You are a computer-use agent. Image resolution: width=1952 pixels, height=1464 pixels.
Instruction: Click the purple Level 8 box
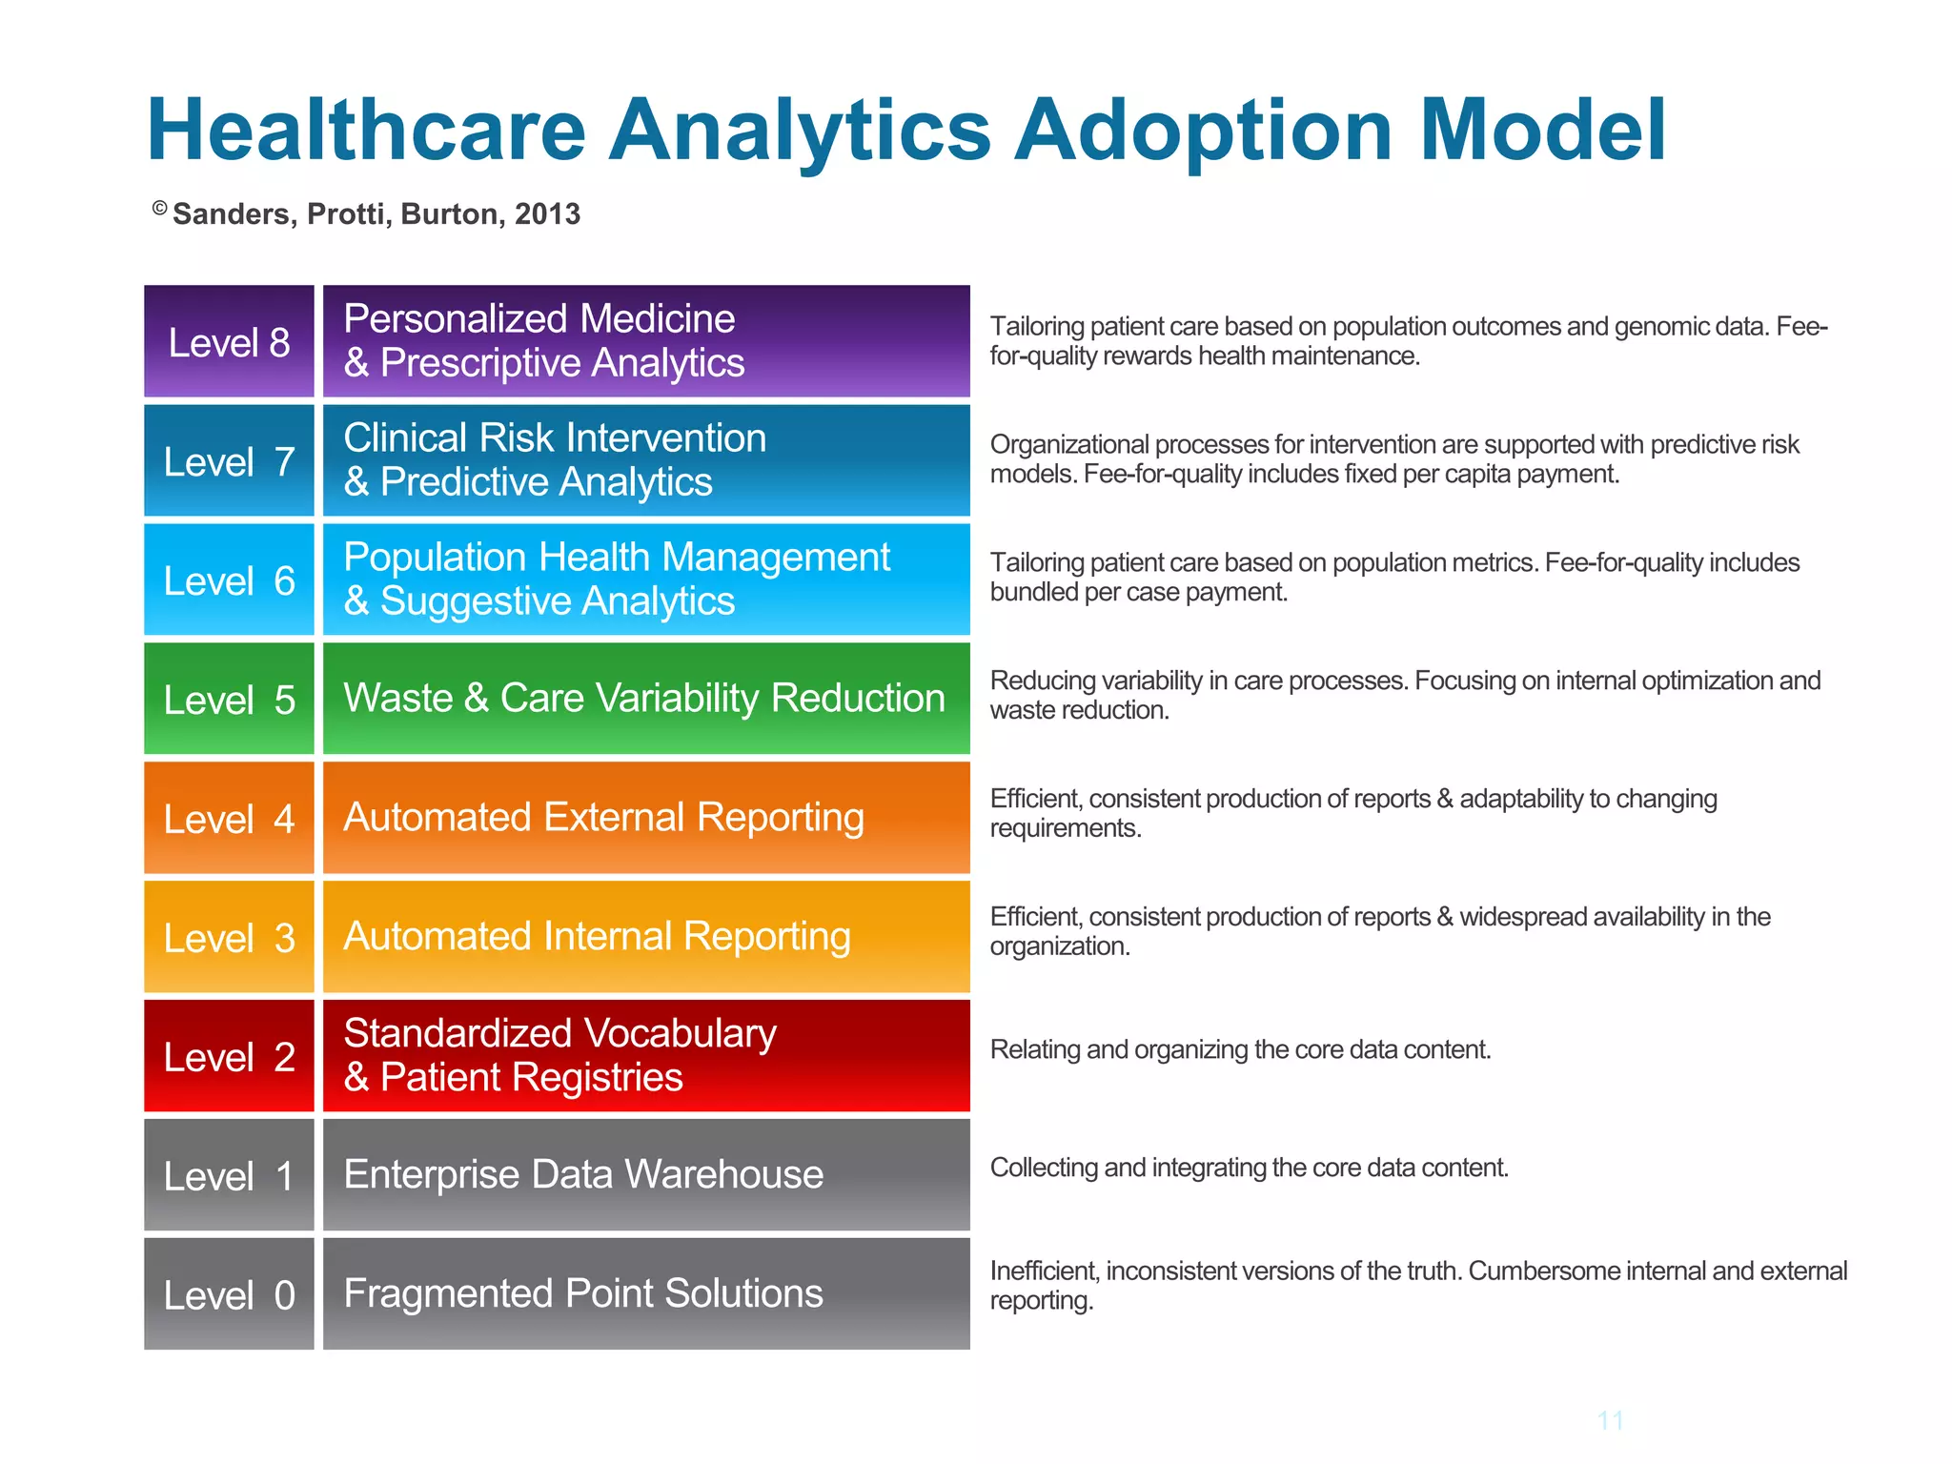pyautogui.click(x=229, y=341)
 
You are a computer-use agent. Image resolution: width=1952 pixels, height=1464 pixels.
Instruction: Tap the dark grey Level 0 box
pyautogui.click(x=229, y=1293)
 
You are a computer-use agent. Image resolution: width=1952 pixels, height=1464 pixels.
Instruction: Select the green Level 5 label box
pyautogui.click(x=229, y=699)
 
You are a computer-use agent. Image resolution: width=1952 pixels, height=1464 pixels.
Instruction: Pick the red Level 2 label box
pyautogui.click(x=229, y=1056)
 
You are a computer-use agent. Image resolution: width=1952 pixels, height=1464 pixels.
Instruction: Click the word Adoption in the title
pyautogui.click(x=1203, y=132)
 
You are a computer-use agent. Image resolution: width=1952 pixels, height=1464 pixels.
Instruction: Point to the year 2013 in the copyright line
pyautogui.click(x=547, y=214)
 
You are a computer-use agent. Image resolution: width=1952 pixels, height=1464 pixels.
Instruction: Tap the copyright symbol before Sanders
pyautogui.click(x=160, y=209)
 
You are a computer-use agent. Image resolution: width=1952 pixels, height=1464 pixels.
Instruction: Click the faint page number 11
pyautogui.click(x=1611, y=1420)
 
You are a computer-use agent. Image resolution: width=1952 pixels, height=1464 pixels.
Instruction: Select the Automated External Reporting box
pyautogui.click(x=646, y=817)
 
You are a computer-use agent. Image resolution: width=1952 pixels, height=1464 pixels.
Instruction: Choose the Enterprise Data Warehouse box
pyautogui.click(x=646, y=1174)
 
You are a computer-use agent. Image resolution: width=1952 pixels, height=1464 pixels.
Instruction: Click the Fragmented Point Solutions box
pyautogui.click(x=646, y=1293)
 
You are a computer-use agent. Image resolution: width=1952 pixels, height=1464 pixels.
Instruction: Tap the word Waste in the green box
pyautogui.click(x=397, y=699)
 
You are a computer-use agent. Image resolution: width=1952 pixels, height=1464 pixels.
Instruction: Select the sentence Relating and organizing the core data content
pyautogui.click(x=1240, y=1049)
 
